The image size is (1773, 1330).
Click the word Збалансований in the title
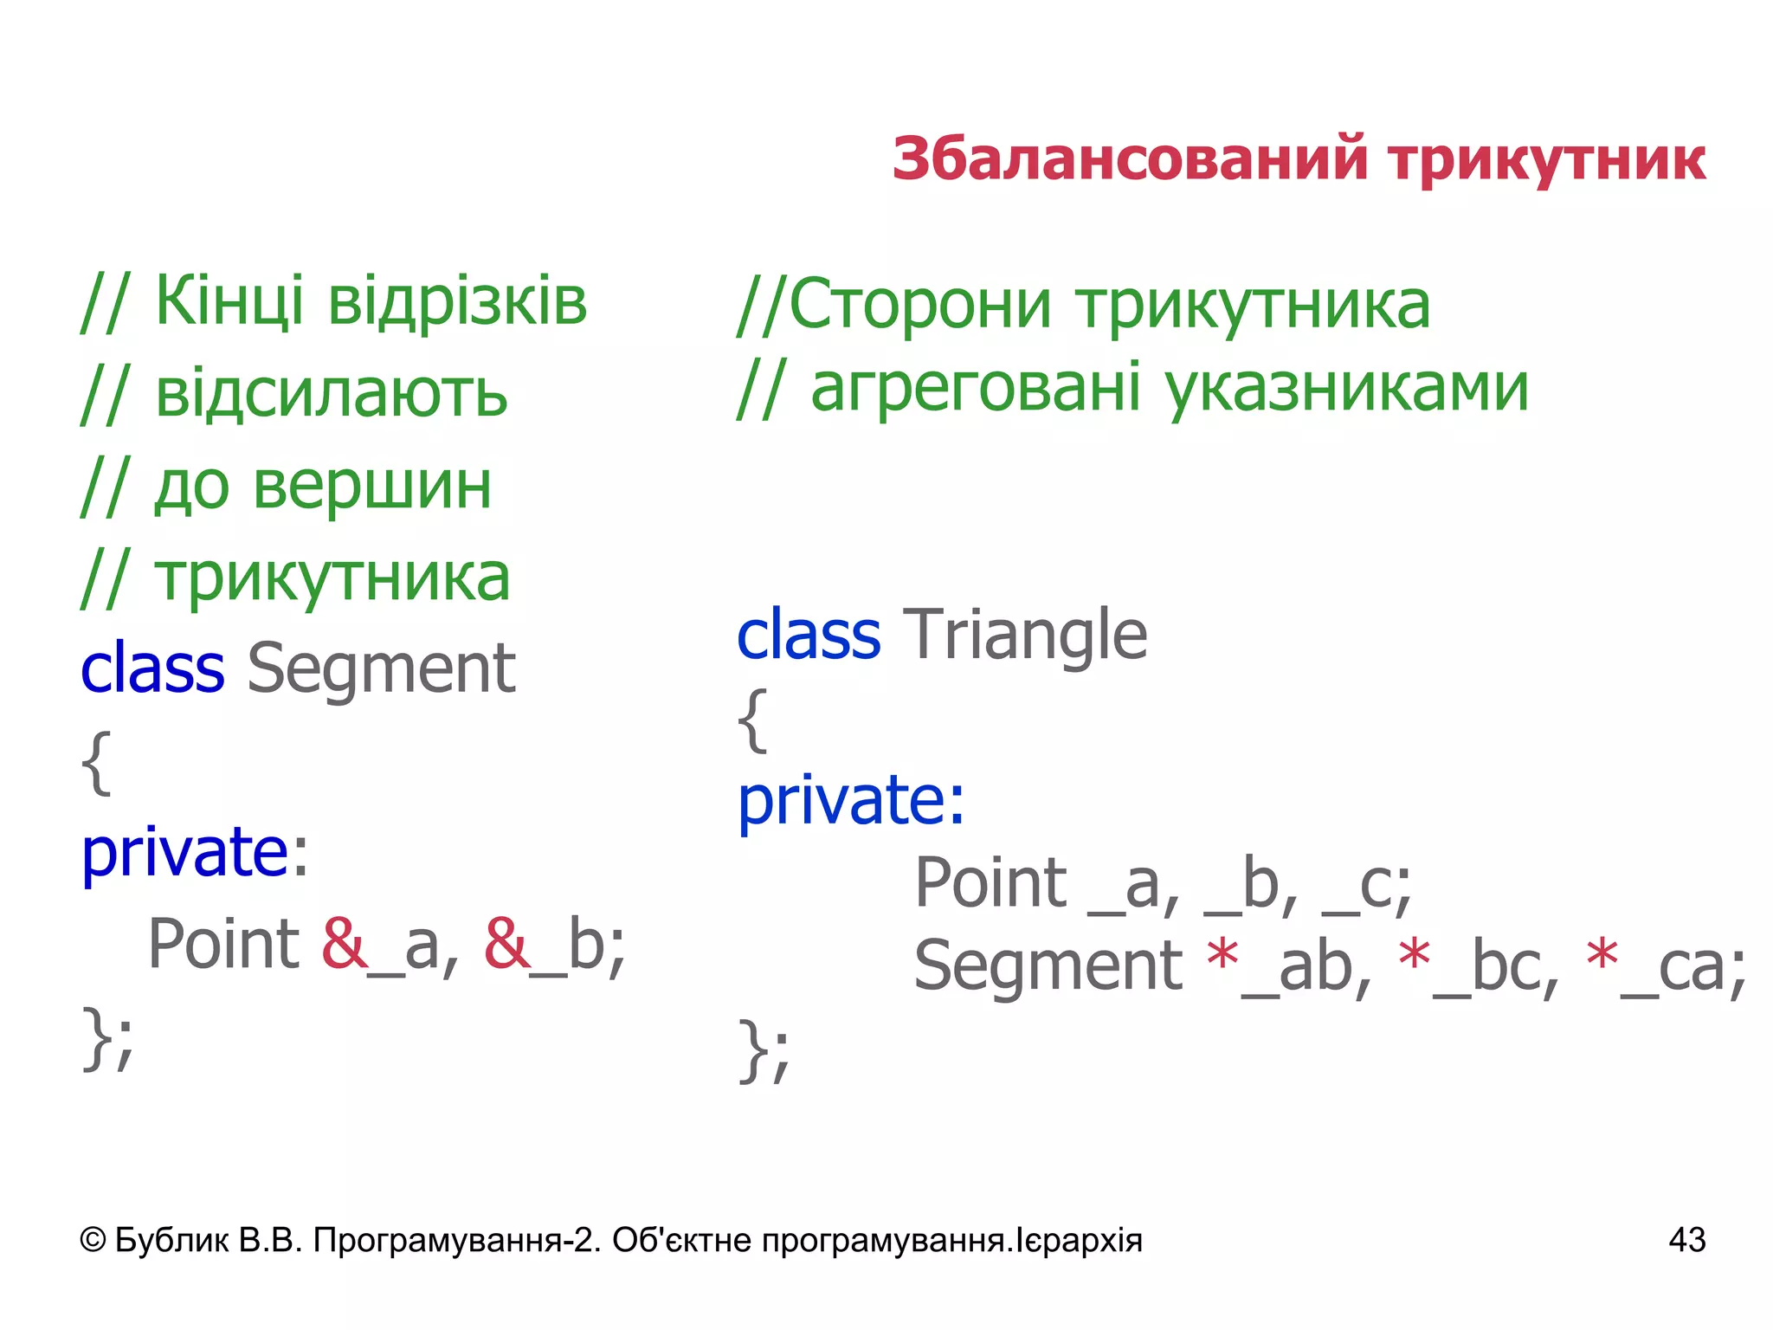[1130, 159]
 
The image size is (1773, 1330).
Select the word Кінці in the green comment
[229, 300]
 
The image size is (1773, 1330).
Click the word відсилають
[331, 394]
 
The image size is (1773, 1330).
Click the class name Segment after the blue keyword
[381, 668]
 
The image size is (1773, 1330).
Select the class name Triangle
[1025, 635]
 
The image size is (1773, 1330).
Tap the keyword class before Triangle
[808, 635]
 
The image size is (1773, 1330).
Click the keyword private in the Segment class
[184, 852]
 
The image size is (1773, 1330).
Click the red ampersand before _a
[344, 943]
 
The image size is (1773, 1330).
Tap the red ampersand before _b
[506, 943]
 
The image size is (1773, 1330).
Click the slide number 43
[1686, 1240]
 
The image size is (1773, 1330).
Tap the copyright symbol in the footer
[93, 1240]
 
